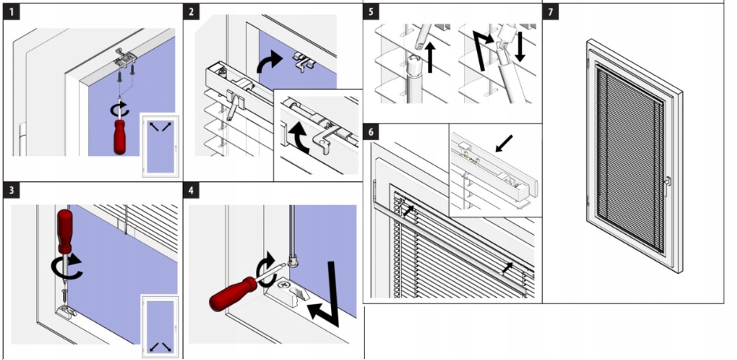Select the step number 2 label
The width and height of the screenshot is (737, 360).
[x=192, y=12]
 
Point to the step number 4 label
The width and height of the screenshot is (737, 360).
[x=192, y=191]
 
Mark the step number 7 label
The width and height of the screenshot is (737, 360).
[x=551, y=12]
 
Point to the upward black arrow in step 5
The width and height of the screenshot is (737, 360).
[x=431, y=58]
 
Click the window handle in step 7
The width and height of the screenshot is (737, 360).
[x=667, y=182]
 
